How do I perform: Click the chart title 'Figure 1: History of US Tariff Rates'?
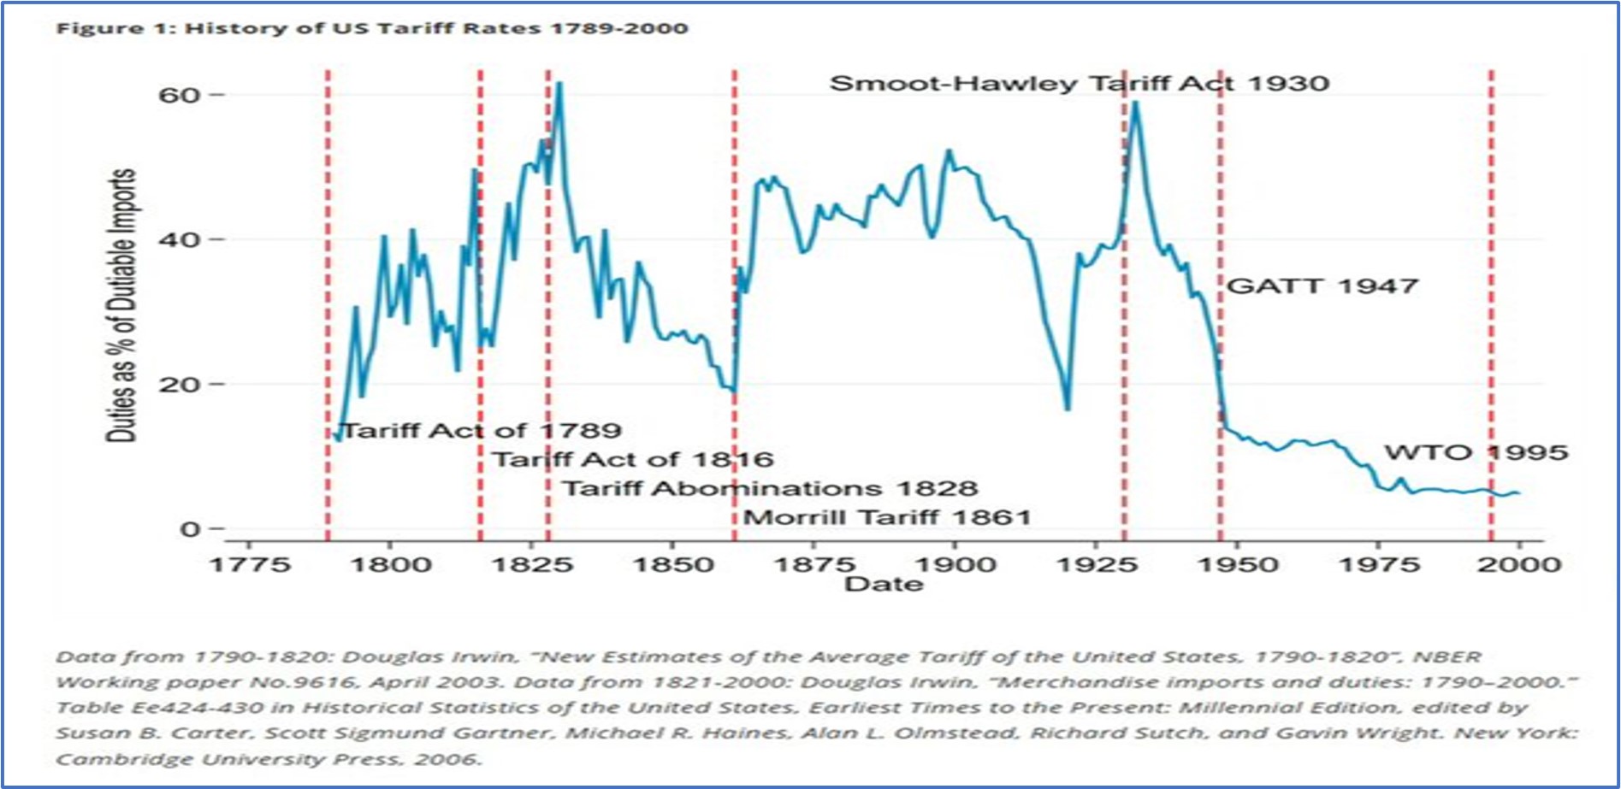pyautogui.click(x=371, y=28)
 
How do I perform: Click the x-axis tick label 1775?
pyautogui.click(x=250, y=564)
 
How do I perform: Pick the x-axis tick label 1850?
pyautogui.click(x=672, y=564)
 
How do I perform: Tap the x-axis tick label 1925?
pyautogui.click(x=1096, y=564)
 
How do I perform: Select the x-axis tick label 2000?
pyautogui.click(x=1520, y=564)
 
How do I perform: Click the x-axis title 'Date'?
pyautogui.click(x=884, y=585)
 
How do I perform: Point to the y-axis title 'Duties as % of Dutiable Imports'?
pyautogui.click(x=121, y=305)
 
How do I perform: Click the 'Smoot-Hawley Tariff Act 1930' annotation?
pyautogui.click(x=1079, y=84)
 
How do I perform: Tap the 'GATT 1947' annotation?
pyautogui.click(x=1322, y=286)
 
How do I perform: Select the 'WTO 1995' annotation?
pyautogui.click(x=1476, y=452)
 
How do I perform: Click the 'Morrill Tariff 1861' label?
pyautogui.click(x=886, y=517)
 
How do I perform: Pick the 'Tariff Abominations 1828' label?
pyautogui.click(x=769, y=489)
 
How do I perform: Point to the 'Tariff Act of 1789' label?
pyautogui.click(x=481, y=430)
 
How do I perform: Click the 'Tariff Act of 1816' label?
pyautogui.click(x=632, y=460)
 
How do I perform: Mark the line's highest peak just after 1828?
pyautogui.click(x=559, y=83)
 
